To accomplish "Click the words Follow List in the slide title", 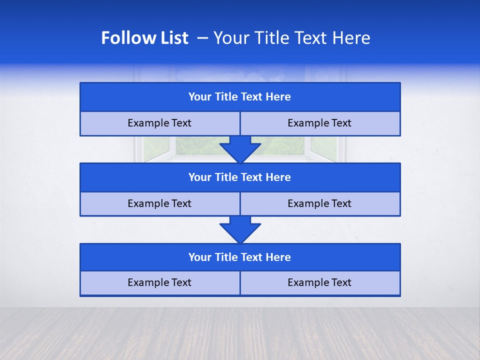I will click(x=144, y=38).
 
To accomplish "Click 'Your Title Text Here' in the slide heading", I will click(x=291, y=38).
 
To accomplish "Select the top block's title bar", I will click(x=240, y=97).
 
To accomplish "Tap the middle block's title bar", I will click(x=240, y=177).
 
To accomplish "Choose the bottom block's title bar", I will click(x=240, y=257).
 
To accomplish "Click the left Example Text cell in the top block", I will click(x=159, y=123).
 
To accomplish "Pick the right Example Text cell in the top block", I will click(x=320, y=123).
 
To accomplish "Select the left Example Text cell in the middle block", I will click(x=159, y=204).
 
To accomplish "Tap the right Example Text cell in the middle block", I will click(x=320, y=204).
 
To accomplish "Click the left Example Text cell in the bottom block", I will click(x=159, y=283).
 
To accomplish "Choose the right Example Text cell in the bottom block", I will click(x=320, y=283).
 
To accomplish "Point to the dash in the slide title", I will click(x=202, y=38).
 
